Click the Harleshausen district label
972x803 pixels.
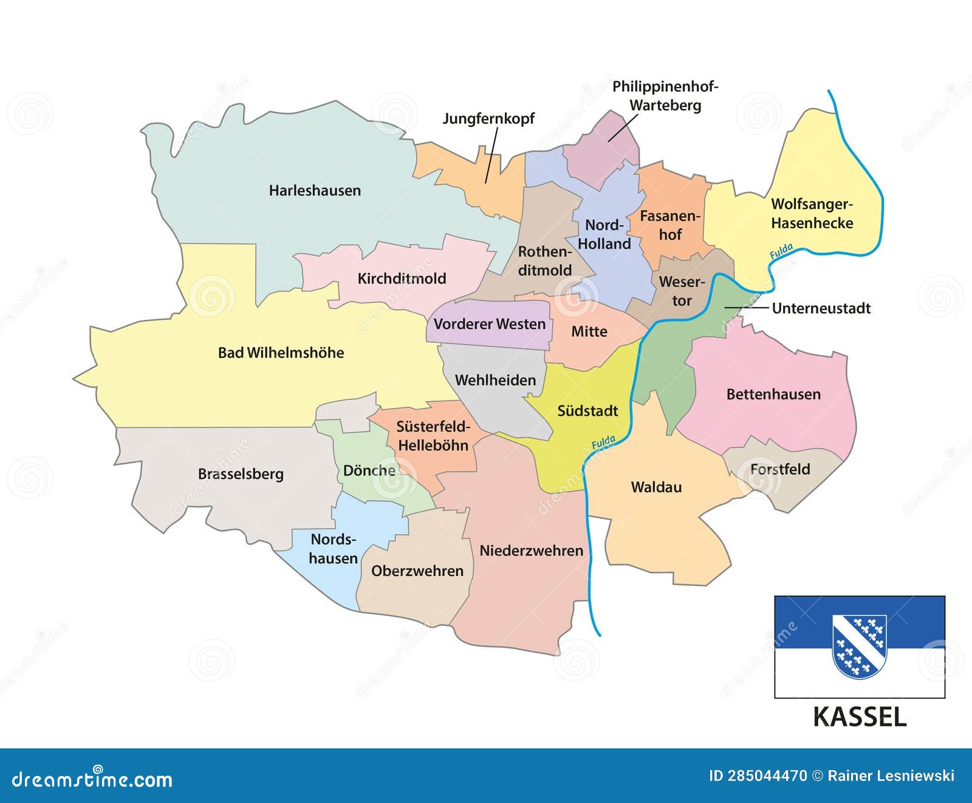(315, 191)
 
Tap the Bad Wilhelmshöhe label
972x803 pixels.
(281, 353)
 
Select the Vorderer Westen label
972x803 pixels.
(490, 324)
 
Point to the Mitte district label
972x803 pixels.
(589, 331)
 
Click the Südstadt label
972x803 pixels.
(587, 411)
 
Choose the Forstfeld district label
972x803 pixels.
(780, 469)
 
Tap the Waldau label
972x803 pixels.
(656, 487)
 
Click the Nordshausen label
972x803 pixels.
(333, 549)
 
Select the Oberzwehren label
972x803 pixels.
(417, 571)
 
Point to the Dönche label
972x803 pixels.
(369, 471)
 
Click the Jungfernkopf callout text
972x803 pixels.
(488, 118)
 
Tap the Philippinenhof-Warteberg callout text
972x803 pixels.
(665, 96)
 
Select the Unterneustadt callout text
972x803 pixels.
(821, 308)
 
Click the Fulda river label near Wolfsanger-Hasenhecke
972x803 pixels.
(781, 251)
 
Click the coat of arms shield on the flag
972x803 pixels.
(859, 646)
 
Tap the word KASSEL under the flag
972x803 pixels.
(859, 717)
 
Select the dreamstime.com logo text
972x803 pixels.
(92, 779)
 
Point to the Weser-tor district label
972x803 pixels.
(682, 291)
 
